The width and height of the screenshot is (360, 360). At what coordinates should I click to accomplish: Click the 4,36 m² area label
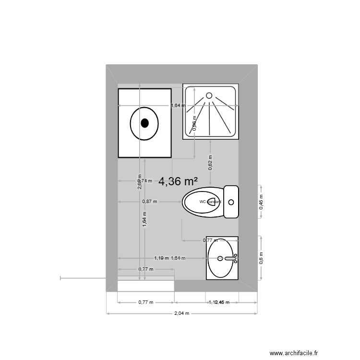(x=179, y=181)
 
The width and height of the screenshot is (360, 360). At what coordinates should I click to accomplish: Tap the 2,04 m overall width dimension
(x=182, y=313)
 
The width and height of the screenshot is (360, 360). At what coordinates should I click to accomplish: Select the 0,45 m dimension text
(x=262, y=202)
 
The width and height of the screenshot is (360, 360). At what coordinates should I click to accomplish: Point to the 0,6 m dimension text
(x=262, y=258)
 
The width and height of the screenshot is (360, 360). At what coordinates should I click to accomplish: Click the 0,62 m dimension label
(x=210, y=162)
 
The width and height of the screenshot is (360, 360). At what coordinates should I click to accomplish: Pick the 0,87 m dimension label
(x=149, y=202)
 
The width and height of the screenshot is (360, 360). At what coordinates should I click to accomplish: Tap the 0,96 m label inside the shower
(x=194, y=123)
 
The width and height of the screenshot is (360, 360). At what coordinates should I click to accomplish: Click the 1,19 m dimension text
(x=161, y=258)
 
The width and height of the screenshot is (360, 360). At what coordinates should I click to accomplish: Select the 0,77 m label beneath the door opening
(x=145, y=302)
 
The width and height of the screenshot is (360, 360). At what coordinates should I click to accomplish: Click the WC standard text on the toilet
(x=210, y=202)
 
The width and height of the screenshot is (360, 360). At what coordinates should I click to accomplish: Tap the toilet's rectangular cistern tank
(x=231, y=202)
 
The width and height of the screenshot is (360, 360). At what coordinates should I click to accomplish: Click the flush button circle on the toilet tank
(x=231, y=202)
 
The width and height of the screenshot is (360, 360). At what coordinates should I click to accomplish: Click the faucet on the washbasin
(x=231, y=258)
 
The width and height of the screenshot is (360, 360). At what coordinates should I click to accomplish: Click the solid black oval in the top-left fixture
(x=144, y=123)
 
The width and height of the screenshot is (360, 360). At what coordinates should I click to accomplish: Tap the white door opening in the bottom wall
(x=145, y=286)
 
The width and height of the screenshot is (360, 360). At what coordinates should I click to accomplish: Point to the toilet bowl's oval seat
(x=202, y=202)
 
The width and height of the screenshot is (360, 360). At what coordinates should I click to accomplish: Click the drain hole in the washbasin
(x=220, y=258)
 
